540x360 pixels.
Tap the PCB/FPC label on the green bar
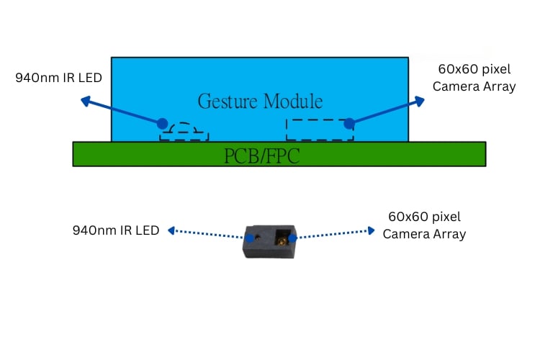point(260,156)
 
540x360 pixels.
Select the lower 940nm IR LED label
point(115,230)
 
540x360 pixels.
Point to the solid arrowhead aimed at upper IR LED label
point(84,102)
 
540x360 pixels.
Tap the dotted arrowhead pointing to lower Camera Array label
point(371,230)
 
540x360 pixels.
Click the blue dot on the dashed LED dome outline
point(163,124)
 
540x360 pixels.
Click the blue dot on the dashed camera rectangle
point(348,123)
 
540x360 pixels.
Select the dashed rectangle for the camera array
point(320,130)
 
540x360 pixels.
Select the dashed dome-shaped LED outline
point(184,132)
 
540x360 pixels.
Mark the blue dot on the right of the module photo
point(293,235)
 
